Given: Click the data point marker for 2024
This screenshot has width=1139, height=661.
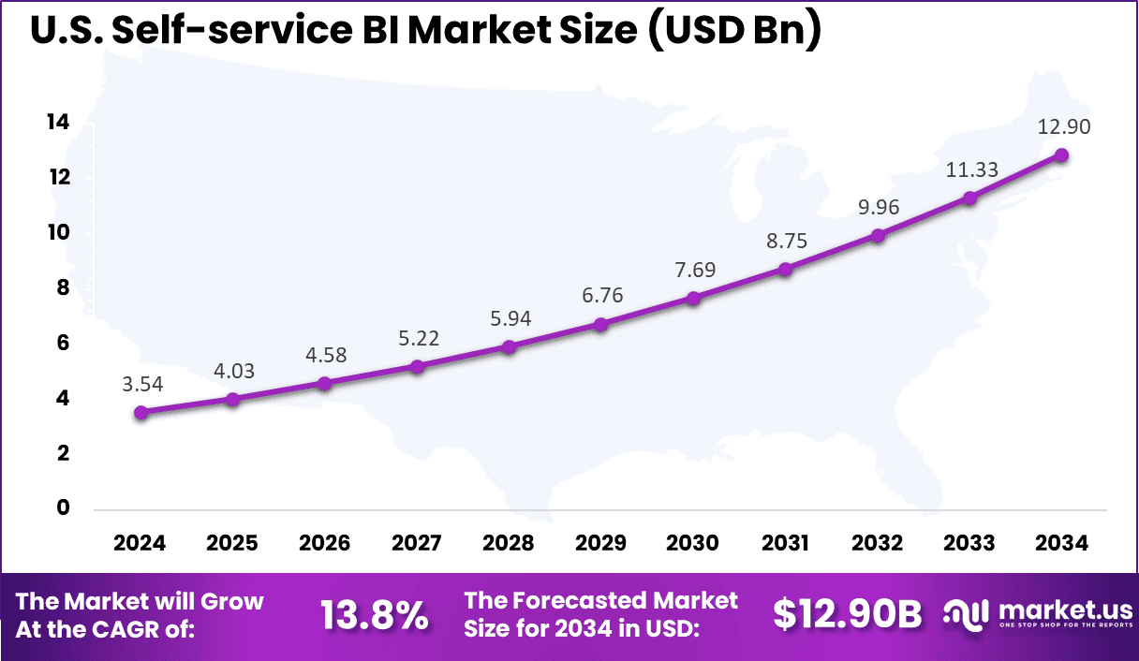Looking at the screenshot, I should point(141,412).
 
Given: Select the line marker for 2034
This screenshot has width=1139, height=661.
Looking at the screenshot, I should point(1062,155).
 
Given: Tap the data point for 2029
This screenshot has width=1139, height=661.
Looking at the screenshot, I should point(601,324).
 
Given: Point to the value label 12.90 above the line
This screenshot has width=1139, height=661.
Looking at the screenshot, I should point(1062,127).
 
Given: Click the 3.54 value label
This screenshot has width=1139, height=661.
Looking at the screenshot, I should point(141,384).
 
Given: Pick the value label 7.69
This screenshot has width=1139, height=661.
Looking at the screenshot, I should point(693,271).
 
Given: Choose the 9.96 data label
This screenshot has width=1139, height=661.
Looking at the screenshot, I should point(878,207).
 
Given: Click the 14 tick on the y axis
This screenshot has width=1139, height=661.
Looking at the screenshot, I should point(58,123).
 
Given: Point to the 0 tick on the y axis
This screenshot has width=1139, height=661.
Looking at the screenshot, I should point(64,508).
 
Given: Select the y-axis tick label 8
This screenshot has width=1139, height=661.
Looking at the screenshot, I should point(64,288).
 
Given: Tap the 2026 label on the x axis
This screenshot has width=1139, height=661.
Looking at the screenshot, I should point(325,544).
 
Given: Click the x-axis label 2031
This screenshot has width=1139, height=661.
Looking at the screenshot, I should point(786,544).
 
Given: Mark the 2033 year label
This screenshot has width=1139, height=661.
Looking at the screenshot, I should point(970,544).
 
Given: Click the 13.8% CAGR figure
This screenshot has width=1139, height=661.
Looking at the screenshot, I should point(375,615).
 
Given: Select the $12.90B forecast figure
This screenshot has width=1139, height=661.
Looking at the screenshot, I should point(847,615).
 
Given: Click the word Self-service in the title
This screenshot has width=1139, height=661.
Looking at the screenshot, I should point(235,31).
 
